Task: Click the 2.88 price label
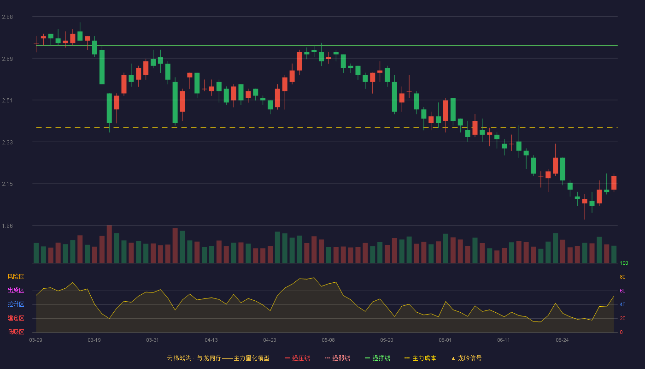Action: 7,17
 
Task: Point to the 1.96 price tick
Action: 7,226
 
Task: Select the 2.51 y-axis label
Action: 7,101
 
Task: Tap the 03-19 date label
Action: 94,340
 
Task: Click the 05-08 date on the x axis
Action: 328,340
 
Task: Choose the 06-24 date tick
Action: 562,340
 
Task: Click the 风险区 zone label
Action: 16,277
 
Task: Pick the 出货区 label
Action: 16,290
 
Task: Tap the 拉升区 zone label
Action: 16,304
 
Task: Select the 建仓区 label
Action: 16,318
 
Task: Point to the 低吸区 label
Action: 16,332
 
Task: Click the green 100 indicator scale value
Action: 624,263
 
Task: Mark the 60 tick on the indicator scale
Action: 622,291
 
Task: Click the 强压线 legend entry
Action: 297,358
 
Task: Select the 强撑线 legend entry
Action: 377,358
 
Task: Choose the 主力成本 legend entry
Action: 420,358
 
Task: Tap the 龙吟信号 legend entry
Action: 466,358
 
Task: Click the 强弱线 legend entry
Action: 337,358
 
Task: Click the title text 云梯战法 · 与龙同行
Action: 194,358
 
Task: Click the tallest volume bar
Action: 109,244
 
